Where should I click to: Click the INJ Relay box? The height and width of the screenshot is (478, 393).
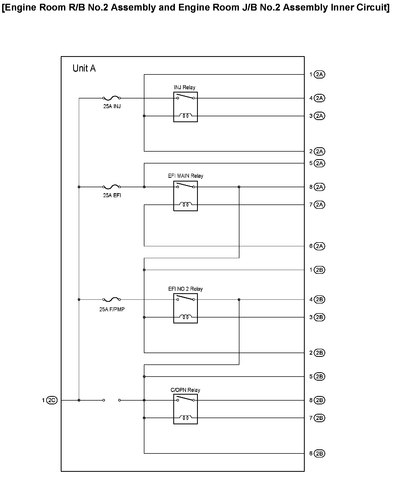[x=185, y=107]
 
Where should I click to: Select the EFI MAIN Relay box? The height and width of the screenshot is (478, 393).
[x=185, y=196]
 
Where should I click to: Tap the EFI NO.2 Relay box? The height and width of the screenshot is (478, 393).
[x=185, y=308]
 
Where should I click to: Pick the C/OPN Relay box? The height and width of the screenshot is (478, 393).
[x=185, y=409]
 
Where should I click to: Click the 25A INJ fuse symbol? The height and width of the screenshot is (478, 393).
[x=112, y=98]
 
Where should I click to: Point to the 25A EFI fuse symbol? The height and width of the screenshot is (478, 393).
[x=112, y=187]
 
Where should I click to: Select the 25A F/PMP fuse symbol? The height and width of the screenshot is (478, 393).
[x=112, y=299]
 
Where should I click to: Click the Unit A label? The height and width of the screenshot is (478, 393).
[x=84, y=68]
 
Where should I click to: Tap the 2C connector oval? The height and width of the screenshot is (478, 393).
[x=52, y=400]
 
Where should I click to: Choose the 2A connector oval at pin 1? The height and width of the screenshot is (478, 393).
[x=320, y=74]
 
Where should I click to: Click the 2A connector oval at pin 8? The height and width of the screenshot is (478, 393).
[x=320, y=187]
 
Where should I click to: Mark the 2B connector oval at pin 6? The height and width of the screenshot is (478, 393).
[x=320, y=453]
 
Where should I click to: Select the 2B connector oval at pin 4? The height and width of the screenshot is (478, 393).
[x=320, y=299]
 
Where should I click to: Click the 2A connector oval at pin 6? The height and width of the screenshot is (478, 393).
[x=320, y=246]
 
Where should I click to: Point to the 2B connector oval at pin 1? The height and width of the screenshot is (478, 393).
[x=320, y=270]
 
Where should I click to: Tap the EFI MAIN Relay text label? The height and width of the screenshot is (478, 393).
[x=185, y=176]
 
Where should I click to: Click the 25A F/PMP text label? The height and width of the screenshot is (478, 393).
[x=112, y=309]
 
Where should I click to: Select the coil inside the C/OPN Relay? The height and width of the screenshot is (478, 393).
[x=186, y=418]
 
